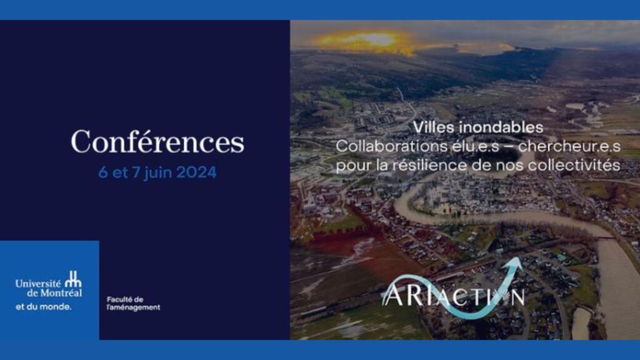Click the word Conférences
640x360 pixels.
pos(157,142)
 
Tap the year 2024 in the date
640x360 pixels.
pos(196,172)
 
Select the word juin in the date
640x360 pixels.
pos(158,173)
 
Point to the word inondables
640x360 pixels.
pos(501,127)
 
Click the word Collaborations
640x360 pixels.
pos(391,146)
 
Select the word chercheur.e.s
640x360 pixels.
pos(569,146)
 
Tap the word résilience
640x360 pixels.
pos(430,165)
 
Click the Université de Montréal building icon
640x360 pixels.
pos(74,279)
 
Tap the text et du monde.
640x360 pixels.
pos(43,306)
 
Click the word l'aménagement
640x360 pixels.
pos(134,307)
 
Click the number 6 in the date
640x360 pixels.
pos(103,172)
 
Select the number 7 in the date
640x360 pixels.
pos(136,172)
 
